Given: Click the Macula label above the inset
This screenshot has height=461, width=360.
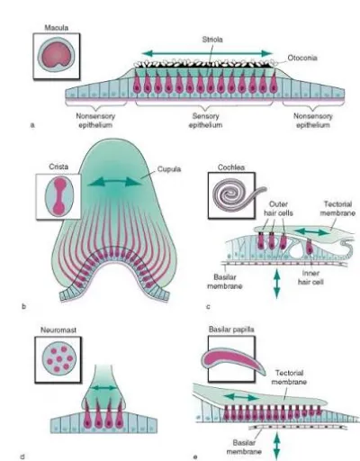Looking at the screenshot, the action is tap(57, 28).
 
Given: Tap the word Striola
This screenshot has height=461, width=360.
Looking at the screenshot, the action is tap(212, 40).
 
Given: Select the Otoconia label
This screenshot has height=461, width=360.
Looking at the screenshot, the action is tap(302, 58).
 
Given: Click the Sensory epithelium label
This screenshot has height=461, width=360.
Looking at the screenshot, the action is tap(205, 121).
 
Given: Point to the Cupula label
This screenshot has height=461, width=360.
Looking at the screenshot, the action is tap(169, 169).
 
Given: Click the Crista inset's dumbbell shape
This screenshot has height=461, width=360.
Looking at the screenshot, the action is tap(59, 195).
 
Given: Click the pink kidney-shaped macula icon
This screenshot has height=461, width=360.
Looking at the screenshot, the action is tap(56, 55).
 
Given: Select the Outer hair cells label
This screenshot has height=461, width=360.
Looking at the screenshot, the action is tap(278, 209).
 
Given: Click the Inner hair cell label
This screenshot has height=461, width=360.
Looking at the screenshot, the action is tap(310, 277).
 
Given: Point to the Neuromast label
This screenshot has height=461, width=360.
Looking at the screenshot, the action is tap(58, 330).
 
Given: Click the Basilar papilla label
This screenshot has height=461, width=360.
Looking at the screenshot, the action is tap(231, 330).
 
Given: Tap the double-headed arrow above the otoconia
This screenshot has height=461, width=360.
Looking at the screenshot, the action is tap(207, 54).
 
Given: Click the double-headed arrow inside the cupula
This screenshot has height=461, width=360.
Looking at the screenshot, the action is tap(114, 182).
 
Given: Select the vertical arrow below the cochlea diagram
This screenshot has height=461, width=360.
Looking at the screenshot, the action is tap(276, 284).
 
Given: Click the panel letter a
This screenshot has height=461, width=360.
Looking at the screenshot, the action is tap(32, 125).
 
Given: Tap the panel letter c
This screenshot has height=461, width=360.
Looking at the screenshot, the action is tap(208, 307).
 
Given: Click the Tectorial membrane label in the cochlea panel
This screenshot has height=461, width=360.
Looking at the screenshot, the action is tap(337, 209).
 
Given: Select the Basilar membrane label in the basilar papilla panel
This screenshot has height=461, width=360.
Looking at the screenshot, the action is tap(244, 447).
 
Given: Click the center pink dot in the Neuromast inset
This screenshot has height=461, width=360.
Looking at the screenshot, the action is tap(59, 358).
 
